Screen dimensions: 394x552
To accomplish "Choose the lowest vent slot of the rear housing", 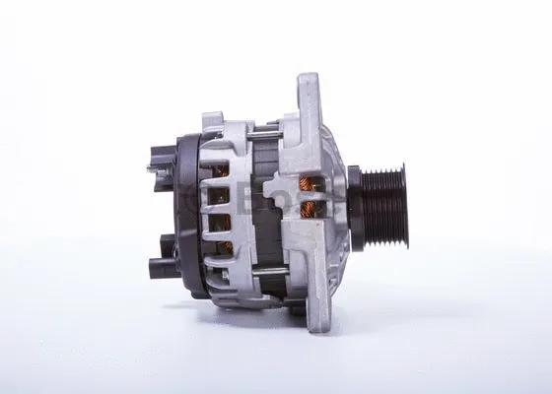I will click(222, 247).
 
